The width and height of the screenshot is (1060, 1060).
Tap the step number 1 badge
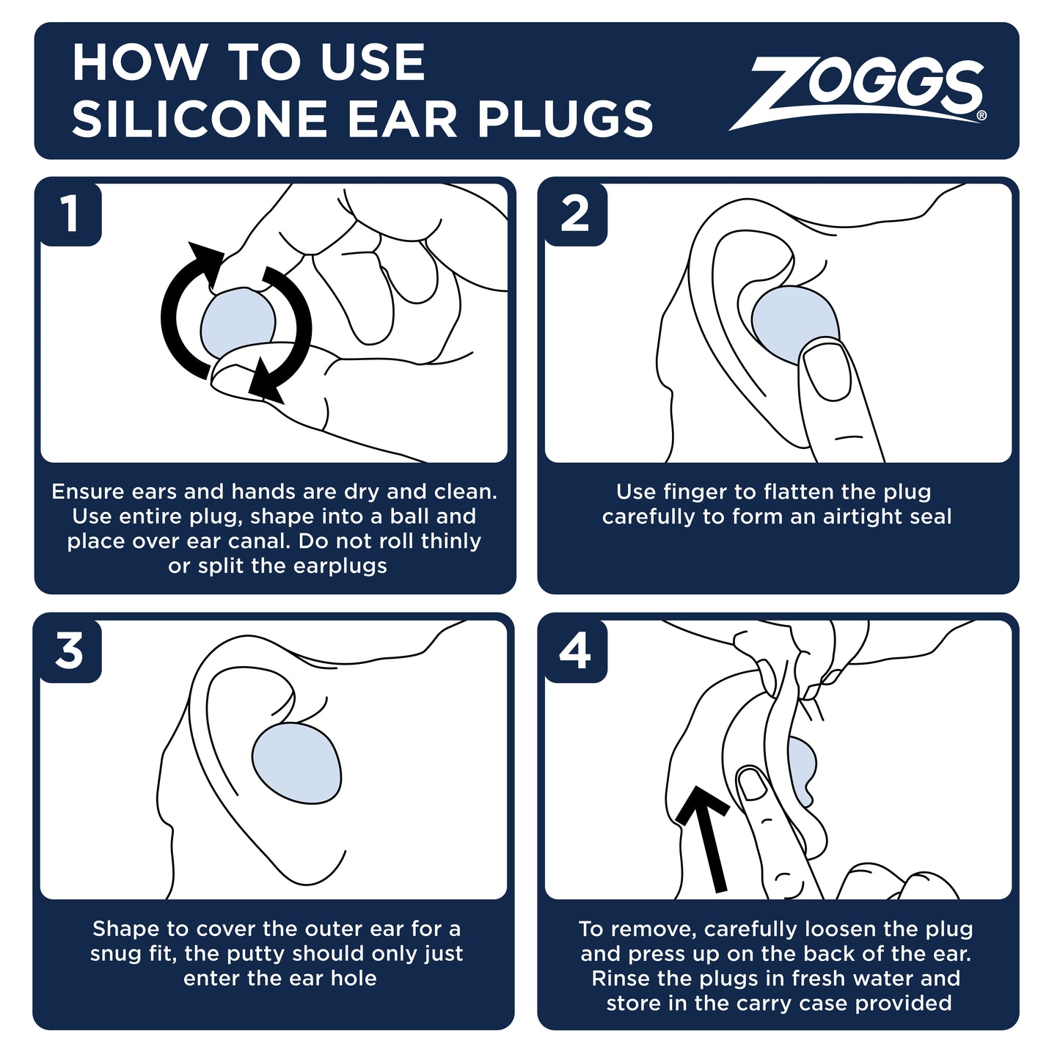click(70, 214)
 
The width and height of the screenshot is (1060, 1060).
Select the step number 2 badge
click(575, 214)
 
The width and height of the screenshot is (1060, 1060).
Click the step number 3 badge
click(70, 651)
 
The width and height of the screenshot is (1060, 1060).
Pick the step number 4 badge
click(575, 651)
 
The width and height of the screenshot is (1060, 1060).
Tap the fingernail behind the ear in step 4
click(753, 783)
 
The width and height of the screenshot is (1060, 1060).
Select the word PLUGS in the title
click(565, 120)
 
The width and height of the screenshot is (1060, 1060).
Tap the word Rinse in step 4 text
click(621, 978)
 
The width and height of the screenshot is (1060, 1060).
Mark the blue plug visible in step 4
click(803, 767)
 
